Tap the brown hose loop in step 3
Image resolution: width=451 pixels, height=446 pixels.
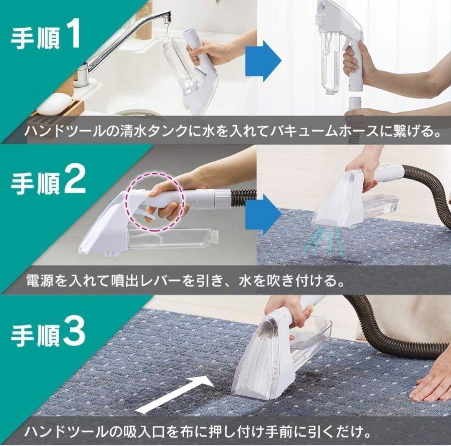[388, 334]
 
